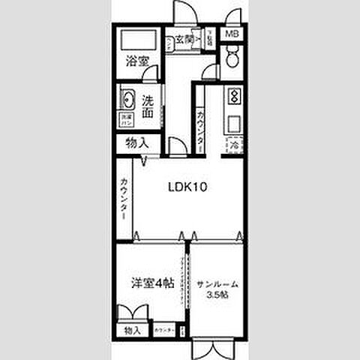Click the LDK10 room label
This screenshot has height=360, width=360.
click(x=186, y=188)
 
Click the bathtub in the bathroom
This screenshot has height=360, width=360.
click(x=137, y=41)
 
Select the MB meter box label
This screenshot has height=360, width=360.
click(x=232, y=34)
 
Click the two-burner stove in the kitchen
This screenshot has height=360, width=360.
click(x=233, y=97)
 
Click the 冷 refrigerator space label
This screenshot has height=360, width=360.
click(x=234, y=144)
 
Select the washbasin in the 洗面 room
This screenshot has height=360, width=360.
click(x=126, y=99)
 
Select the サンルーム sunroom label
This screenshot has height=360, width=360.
click(x=217, y=283)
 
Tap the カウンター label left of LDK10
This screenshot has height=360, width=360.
click(x=123, y=198)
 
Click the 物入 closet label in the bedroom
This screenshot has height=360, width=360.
click(x=133, y=330)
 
